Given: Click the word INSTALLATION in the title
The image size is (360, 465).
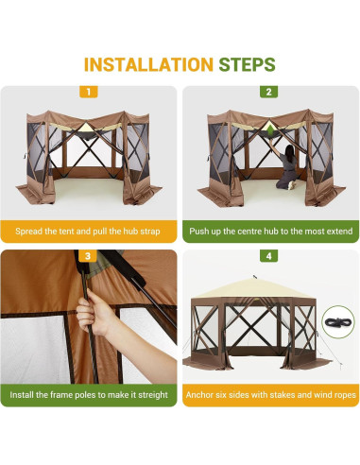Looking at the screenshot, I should click(147, 64).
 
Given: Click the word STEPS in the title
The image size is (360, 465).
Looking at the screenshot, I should click(248, 64).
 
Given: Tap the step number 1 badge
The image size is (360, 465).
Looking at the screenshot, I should click(89, 92).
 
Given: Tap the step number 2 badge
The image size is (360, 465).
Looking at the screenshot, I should click(269, 92).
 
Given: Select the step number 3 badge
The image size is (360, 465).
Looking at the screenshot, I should click(89, 255).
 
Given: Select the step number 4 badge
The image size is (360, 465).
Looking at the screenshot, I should click(269, 255).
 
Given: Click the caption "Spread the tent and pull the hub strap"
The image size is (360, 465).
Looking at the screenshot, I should click(89, 231).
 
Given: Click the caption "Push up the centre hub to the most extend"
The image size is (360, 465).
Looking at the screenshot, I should click(270, 231).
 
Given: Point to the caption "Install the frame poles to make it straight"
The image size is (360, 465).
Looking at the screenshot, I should click(89, 393).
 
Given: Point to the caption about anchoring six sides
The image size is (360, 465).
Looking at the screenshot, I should click(270, 393).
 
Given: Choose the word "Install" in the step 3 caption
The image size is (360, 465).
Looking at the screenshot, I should click(26, 393).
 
